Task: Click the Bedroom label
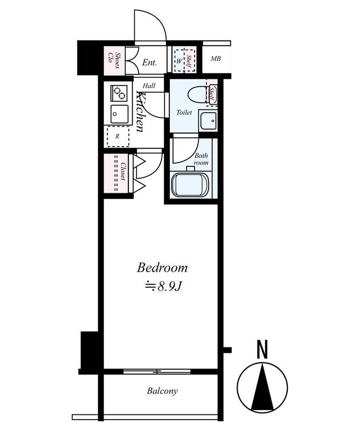[162, 267]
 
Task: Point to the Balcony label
[162, 391]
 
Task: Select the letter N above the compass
[262, 350]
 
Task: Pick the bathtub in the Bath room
[190, 184]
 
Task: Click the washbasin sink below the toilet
[208, 120]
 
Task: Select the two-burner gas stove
[119, 93]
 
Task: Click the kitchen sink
[119, 114]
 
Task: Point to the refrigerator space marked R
[118, 136]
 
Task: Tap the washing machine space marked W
[179, 61]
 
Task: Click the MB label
[216, 59]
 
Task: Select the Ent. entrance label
[149, 62]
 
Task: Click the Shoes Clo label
[114, 60]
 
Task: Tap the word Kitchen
[140, 112]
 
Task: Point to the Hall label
[149, 86]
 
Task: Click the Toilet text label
[184, 112]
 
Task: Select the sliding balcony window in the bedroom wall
[157, 372]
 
